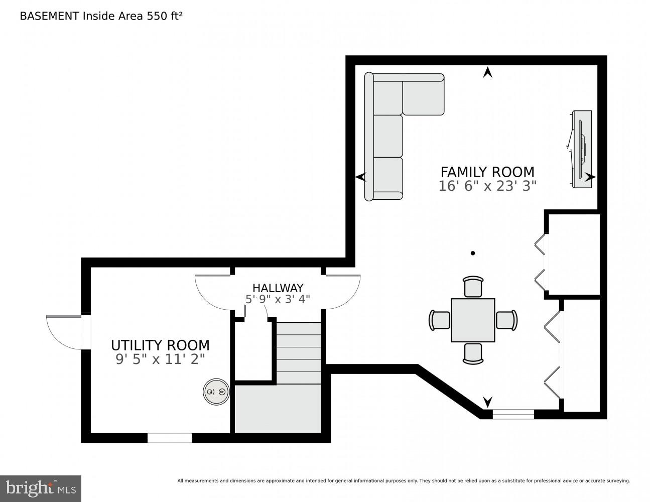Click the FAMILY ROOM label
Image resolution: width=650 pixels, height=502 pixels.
click(x=487, y=172)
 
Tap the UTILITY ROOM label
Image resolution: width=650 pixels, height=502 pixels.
click(x=160, y=345)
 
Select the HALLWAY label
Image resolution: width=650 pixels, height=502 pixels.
click(x=278, y=288)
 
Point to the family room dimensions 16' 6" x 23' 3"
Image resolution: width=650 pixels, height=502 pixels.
click(x=487, y=186)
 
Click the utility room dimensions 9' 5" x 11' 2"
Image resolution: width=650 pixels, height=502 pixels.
click(x=160, y=359)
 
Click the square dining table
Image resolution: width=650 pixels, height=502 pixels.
click(x=473, y=320)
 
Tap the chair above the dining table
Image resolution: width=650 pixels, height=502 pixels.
click(x=473, y=287)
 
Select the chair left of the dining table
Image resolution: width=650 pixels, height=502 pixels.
click(x=440, y=320)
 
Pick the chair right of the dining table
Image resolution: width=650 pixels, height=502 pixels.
click(x=506, y=320)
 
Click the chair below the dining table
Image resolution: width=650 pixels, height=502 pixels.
click(x=473, y=353)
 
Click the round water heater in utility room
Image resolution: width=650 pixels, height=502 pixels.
click(x=216, y=392)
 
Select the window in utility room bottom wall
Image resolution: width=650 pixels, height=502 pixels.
click(x=170, y=438)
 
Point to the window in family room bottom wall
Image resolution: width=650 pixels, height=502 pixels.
click(x=513, y=414)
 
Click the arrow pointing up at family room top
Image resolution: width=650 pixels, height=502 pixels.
click(x=487, y=73)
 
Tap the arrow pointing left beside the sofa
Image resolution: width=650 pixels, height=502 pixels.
click(x=360, y=177)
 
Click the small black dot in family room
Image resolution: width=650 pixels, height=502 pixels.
click(x=472, y=254)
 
